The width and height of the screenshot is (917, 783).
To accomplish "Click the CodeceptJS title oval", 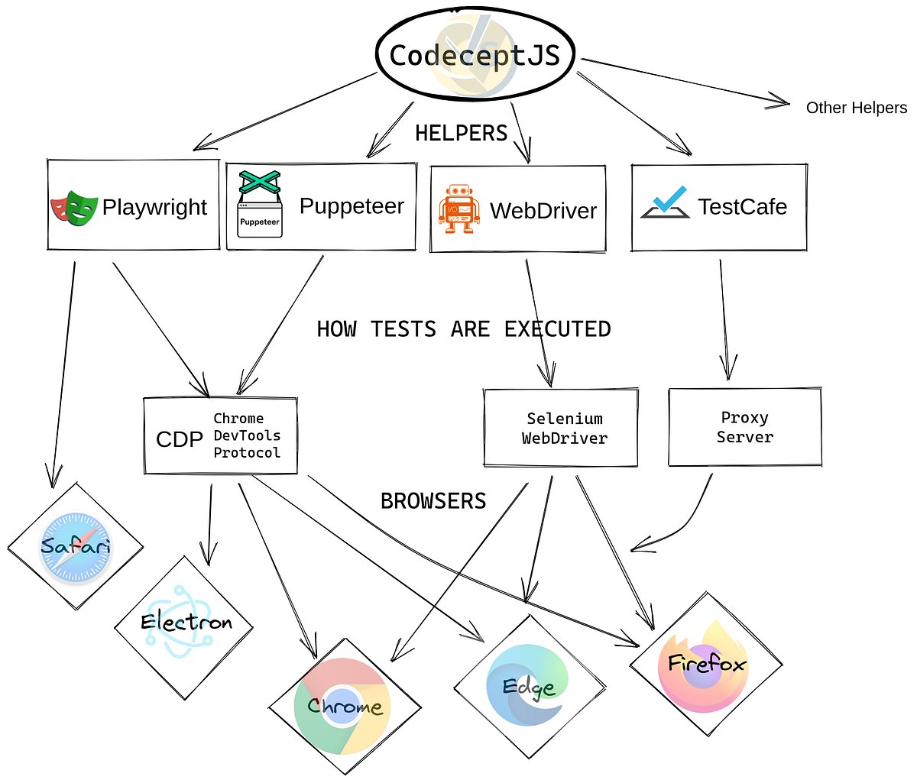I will pyautogui.click(x=475, y=56).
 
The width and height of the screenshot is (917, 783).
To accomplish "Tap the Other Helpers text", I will pyautogui.click(x=856, y=108).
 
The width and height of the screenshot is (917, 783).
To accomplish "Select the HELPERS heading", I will pyautogui.click(x=461, y=133).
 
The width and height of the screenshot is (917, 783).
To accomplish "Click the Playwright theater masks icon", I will pyautogui.click(x=74, y=207).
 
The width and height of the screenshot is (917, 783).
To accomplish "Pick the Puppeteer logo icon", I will pyautogui.click(x=259, y=204).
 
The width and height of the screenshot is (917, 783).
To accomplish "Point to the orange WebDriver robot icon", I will pyautogui.click(x=459, y=209).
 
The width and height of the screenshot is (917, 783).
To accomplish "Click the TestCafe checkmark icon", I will pyautogui.click(x=664, y=203).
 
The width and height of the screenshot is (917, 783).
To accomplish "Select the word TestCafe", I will pyautogui.click(x=742, y=206).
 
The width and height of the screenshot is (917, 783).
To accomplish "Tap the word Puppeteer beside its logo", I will pyautogui.click(x=352, y=205).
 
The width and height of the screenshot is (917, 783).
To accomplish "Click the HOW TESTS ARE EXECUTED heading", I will pyautogui.click(x=464, y=329).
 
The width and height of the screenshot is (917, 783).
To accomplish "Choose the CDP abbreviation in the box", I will pyautogui.click(x=179, y=439).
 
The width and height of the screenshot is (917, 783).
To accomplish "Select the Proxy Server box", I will pyautogui.click(x=745, y=427).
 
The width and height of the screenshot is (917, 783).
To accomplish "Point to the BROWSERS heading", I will pyautogui.click(x=433, y=501).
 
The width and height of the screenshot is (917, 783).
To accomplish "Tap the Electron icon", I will pyautogui.click(x=184, y=623).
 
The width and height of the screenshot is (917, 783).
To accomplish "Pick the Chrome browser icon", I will pyautogui.click(x=343, y=705).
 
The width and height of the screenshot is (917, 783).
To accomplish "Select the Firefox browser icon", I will pyautogui.click(x=705, y=663).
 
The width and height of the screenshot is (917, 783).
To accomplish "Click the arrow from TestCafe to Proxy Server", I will pyautogui.click(x=724, y=321).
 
